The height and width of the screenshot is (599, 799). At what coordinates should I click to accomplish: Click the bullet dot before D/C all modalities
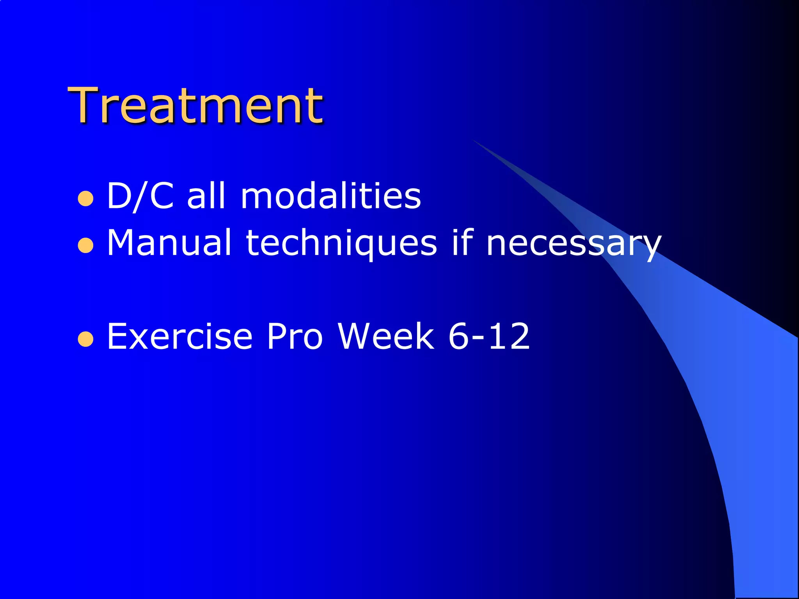click(x=85, y=199)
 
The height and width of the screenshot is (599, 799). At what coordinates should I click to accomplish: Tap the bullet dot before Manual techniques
click(x=85, y=246)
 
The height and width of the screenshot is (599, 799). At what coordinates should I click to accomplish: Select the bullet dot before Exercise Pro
click(x=85, y=339)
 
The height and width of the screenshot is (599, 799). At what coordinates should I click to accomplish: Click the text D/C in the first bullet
click(x=140, y=196)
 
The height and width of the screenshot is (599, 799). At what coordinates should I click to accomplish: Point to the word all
click(x=206, y=196)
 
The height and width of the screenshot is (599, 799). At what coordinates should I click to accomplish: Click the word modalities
click(x=330, y=196)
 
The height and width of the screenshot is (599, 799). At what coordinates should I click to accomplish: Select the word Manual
click(x=169, y=243)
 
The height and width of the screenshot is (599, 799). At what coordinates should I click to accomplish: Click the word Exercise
click(x=179, y=336)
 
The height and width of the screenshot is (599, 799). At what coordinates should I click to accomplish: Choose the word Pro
click(x=295, y=336)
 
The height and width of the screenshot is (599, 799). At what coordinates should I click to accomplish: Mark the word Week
click(x=386, y=336)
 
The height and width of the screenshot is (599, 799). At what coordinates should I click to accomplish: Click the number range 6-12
click(x=489, y=336)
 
